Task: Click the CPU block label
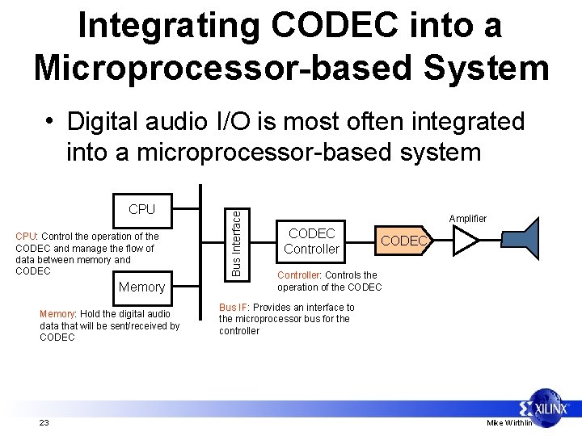coord(141,209)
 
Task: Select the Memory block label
coord(141,287)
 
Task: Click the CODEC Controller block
coord(312,241)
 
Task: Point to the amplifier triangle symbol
coord(466,241)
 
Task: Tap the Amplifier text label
coord(468,218)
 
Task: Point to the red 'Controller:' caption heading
coord(298,275)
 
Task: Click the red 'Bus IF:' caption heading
coord(234,308)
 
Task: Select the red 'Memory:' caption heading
coord(57,314)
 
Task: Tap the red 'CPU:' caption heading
coord(27,237)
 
